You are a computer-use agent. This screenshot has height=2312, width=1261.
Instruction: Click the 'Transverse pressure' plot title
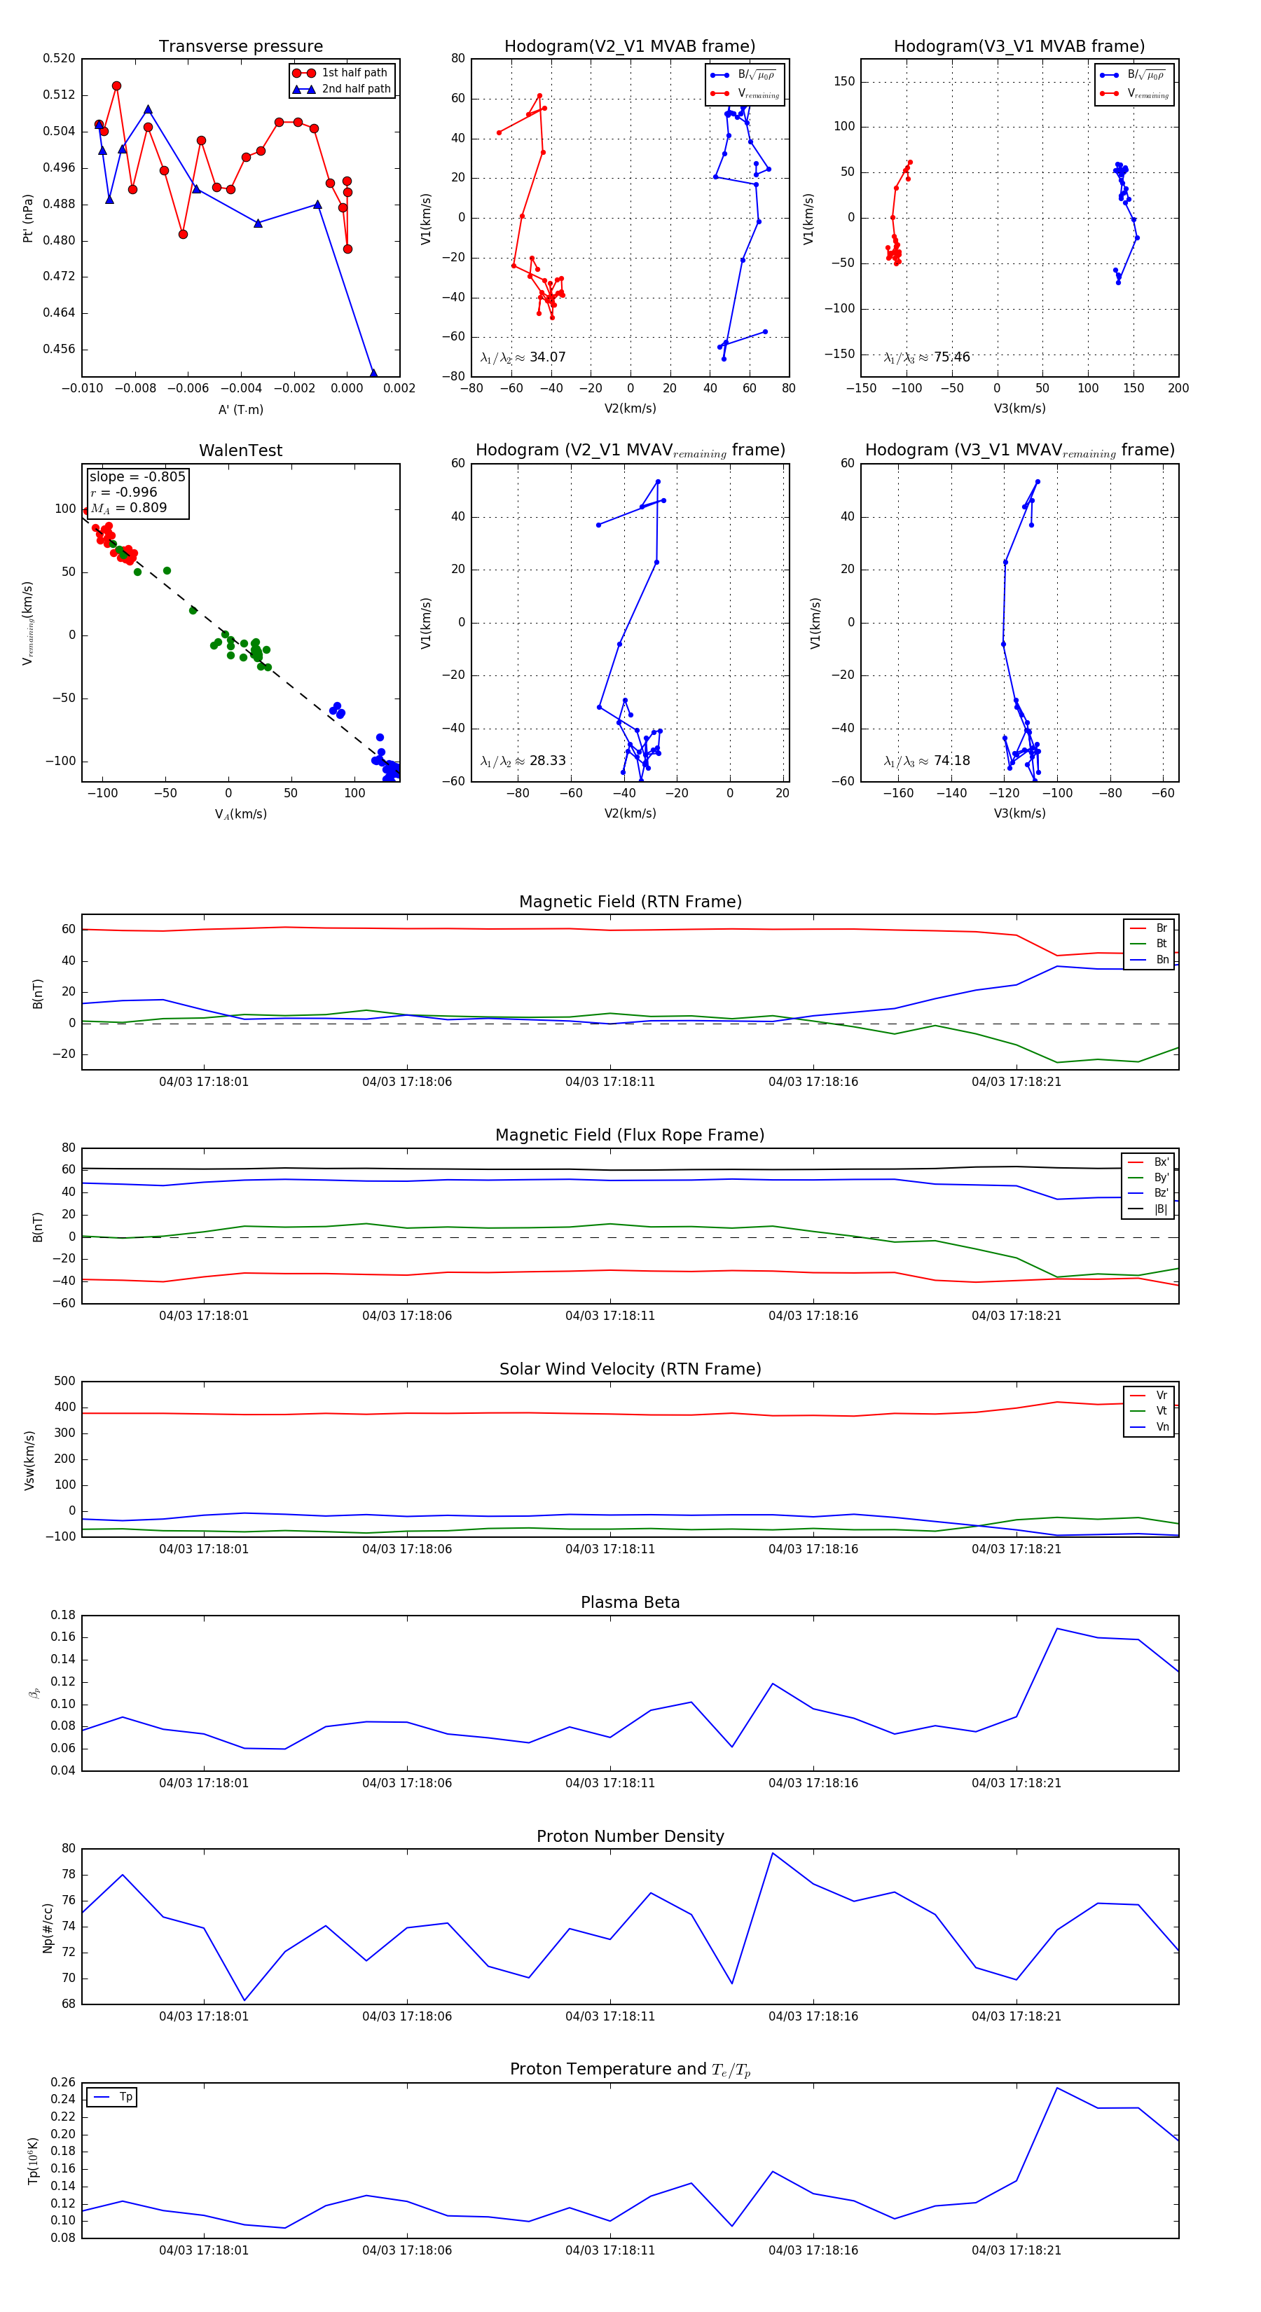coord(240,46)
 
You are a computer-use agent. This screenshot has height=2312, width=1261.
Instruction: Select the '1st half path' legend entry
coord(354,73)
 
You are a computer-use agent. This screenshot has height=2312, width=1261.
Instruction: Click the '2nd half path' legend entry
coord(355,89)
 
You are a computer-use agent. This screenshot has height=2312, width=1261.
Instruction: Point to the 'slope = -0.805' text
coord(137,476)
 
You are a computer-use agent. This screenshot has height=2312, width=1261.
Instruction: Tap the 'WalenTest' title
coord(240,450)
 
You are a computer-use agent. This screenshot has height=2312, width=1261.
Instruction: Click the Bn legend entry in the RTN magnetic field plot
coord(1162,959)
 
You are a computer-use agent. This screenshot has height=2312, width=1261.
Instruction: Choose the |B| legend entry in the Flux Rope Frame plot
coord(1159,1209)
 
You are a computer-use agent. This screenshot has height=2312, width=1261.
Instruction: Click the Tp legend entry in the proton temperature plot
coord(125,2097)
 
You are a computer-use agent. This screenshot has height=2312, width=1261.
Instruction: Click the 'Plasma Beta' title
coord(630,1602)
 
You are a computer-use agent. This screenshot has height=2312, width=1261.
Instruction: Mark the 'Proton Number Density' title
coord(630,1836)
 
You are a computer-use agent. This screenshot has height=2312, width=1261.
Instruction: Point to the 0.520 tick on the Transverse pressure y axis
coord(60,58)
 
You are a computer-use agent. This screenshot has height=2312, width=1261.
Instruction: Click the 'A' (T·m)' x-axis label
coord(240,409)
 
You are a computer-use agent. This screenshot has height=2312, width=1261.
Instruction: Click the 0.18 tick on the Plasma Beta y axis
coord(63,1615)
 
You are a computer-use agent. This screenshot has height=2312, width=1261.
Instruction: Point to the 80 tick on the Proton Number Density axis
coord(68,1848)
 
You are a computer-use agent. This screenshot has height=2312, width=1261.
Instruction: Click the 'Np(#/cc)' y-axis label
coord(48,1927)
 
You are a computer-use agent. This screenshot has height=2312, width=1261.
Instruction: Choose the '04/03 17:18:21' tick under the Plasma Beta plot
coord(1016,1782)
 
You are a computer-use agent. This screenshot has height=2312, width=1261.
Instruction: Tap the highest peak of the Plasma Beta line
coord(1057,1628)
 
